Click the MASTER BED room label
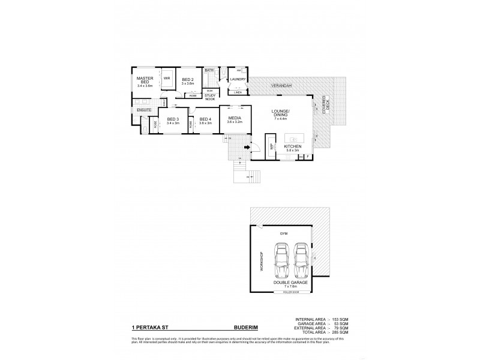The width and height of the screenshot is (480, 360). pyautogui.click(x=145, y=82)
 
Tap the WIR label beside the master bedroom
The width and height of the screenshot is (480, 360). pyautogui.click(x=167, y=78)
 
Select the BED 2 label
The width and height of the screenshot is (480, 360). pyautogui.click(x=187, y=80)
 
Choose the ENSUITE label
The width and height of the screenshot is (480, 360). pyautogui.click(x=143, y=110)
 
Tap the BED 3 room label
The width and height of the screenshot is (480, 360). pyautogui.click(x=173, y=119)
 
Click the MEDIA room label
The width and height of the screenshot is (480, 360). pyautogui.click(x=234, y=119)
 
